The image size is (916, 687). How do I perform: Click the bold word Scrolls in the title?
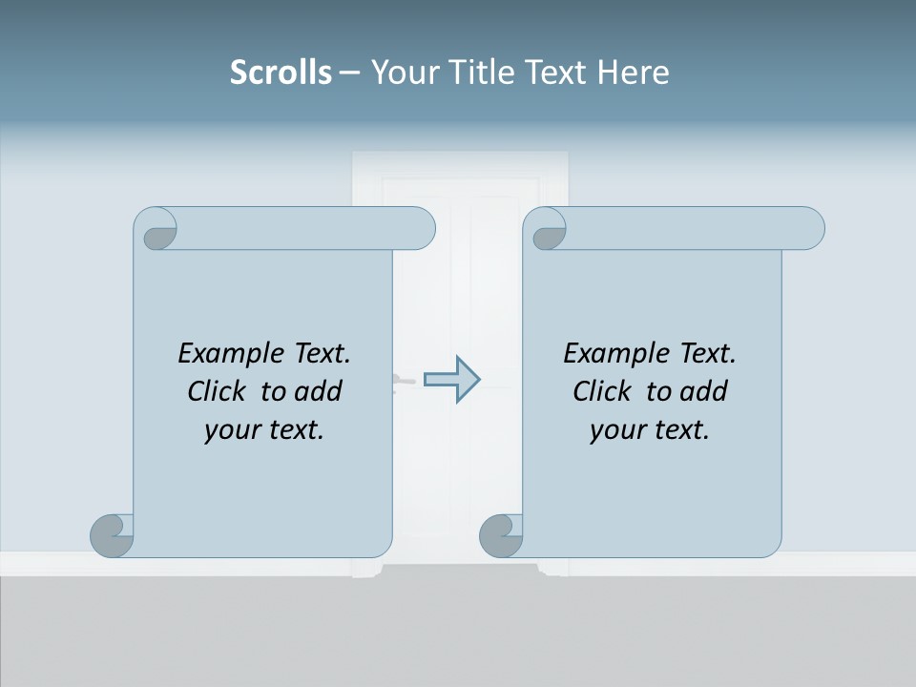point(281,73)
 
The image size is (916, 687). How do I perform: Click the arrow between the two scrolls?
point(452,380)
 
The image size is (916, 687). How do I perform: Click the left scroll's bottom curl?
point(112,535)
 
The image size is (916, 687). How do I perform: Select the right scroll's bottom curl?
point(501,535)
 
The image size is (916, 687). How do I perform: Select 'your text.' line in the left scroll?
point(264,430)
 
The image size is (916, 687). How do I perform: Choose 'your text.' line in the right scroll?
point(650,430)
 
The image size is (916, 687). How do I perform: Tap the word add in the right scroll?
point(705,391)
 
